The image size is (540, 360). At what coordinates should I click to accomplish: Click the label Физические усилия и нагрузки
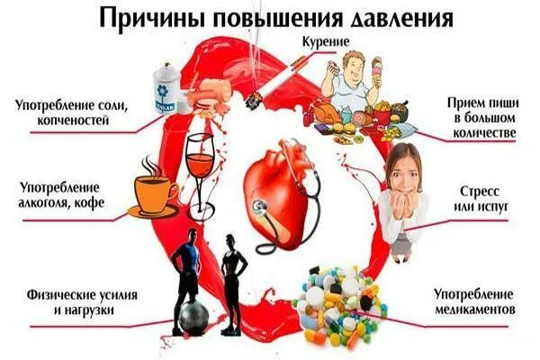click(70, 301)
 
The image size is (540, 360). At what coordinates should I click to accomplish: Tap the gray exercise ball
click(193, 317)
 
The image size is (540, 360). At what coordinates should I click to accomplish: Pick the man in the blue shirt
click(186, 261)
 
